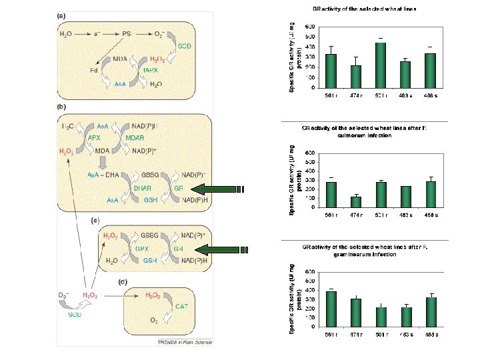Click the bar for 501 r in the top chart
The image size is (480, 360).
(x=381, y=65)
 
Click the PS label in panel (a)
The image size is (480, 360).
(x=126, y=33)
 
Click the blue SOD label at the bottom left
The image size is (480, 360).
(x=75, y=315)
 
